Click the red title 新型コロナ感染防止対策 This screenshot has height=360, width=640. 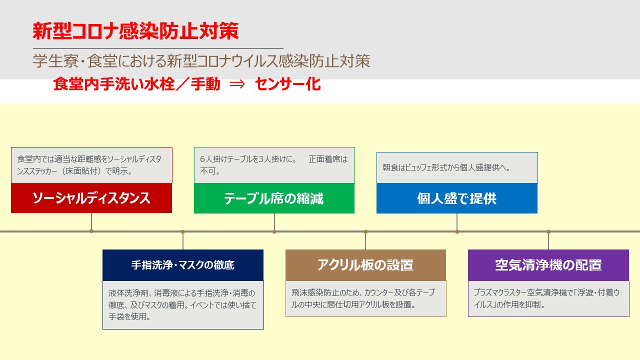pyautogui.click(x=135, y=31)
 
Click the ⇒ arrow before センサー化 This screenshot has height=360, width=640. pyautogui.click(x=237, y=84)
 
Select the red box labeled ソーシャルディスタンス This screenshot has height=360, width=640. pyautogui.click(x=91, y=198)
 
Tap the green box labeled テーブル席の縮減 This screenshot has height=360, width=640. pyautogui.click(x=274, y=198)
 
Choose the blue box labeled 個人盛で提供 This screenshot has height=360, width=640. pyautogui.click(x=457, y=198)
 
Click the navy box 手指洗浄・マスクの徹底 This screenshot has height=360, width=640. pyautogui.click(x=183, y=265)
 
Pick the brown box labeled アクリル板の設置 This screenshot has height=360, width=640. pyautogui.click(x=365, y=265)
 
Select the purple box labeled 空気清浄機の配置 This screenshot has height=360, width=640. pyautogui.click(x=548, y=265)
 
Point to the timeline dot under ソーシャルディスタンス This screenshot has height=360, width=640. pyautogui.click(x=91, y=231)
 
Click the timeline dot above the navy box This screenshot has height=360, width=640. pyautogui.click(x=183, y=231)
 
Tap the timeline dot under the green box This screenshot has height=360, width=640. pyautogui.click(x=274, y=231)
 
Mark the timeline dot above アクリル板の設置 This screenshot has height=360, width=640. pyautogui.click(x=365, y=231)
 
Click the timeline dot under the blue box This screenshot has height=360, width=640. pyautogui.click(x=457, y=231)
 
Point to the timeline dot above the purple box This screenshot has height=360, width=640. pyautogui.click(x=548, y=231)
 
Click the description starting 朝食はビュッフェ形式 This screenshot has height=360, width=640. pyautogui.click(x=446, y=167)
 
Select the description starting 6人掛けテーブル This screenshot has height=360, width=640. pyautogui.click(x=273, y=165)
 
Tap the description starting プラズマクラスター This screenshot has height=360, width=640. pyautogui.click(x=546, y=298)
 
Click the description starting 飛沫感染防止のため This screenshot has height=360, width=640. pyautogui.click(x=363, y=298)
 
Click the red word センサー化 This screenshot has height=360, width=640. pyautogui.click(x=287, y=84)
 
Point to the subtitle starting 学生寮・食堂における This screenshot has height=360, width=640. pyautogui.click(x=201, y=61)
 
